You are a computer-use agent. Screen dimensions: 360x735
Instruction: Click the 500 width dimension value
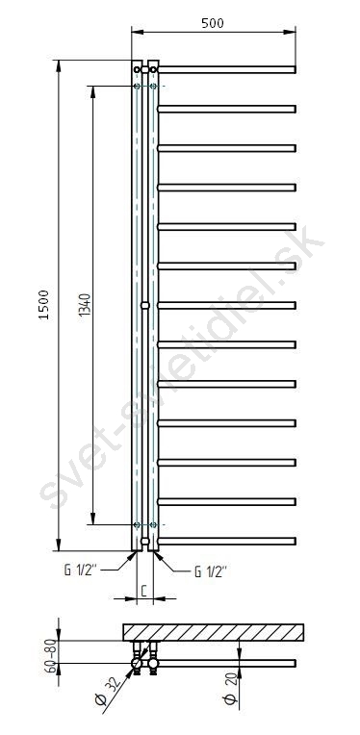point(213,23)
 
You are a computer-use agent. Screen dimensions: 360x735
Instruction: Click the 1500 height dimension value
point(44,305)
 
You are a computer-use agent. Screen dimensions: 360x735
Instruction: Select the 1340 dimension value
point(84,305)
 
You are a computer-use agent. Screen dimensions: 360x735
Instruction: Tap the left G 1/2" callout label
point(81,570)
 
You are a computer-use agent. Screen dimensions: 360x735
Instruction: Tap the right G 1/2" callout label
point(211,571)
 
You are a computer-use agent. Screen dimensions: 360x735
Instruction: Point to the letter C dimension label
point(144,591)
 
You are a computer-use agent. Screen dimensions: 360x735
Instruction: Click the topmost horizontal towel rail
point(227,70)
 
